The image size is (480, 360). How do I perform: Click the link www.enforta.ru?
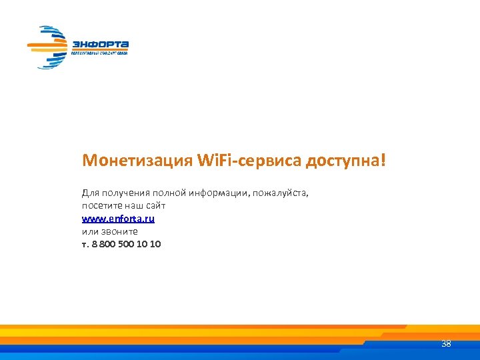[x=119, y=219]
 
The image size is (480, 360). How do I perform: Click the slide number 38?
[x=446, y=344]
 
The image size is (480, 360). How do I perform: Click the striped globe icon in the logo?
[x=49, y=47]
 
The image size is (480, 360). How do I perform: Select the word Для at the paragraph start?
[x=89, y=193]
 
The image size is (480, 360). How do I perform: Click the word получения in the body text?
[x=123, y=193]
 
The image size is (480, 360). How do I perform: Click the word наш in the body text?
[x=133, y=206]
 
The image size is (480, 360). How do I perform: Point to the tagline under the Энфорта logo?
[x=100, y=51]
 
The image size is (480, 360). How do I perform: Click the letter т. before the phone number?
[x=85, y=244]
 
